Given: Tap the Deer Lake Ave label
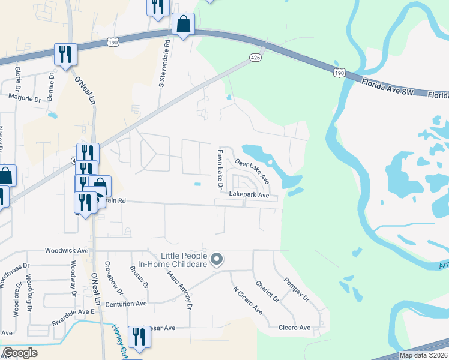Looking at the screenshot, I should click(x=252, y=171).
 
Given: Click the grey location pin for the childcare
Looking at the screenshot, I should click(x=217, y=260).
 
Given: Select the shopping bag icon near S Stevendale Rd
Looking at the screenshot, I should click(x=183, y=25).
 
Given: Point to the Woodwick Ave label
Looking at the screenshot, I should click(x=67, y=250).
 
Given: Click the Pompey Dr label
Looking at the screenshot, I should click(x=296, y=289).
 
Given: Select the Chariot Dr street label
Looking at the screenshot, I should click(x=267, y=291).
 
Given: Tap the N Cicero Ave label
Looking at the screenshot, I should click(x=247, y=300).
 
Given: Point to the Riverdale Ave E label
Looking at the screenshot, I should click(x=74, y=312).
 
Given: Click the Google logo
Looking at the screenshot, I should click(x=20, y=353).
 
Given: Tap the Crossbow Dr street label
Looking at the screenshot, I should click(x=113, y=279).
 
